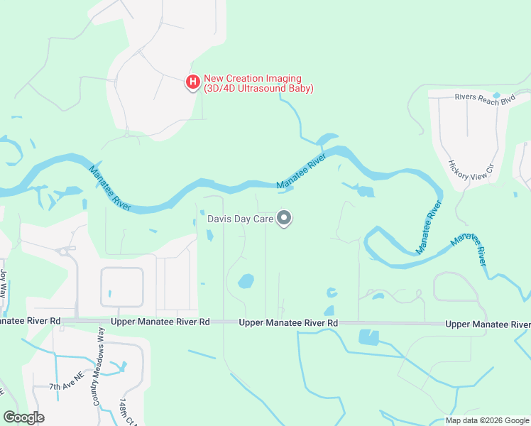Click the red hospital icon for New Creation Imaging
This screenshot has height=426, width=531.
pos(192,83)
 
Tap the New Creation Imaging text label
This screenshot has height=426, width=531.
pos(258,84)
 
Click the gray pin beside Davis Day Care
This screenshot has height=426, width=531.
pos(284,219)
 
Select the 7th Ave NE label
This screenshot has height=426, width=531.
pos(66,386)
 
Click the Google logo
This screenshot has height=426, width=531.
pos(23,417)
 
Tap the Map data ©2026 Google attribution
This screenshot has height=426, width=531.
pos(487,420)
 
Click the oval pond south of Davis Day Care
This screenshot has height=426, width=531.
pos(246,281)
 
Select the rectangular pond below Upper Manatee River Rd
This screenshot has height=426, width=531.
pos(369,337)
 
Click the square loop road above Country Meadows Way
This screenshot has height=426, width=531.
pos(122,287)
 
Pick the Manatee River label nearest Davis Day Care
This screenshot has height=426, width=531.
pos(301,172)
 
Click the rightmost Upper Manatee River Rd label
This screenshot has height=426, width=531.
pos(488,324)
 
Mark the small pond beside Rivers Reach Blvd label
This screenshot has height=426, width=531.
pos(496,94)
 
